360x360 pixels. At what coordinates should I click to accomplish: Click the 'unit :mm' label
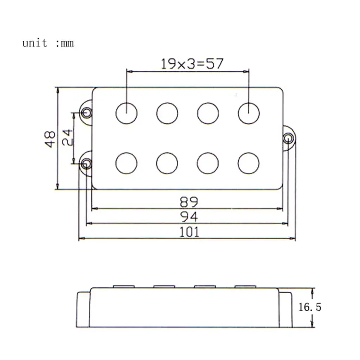click(48, 43)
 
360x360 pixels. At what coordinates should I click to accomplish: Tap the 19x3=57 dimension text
click(192, 64)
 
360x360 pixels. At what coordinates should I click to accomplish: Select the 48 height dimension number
click(50, 139)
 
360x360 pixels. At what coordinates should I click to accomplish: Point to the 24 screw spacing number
click(67, 137)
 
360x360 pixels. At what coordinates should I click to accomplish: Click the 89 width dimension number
click(189, 201)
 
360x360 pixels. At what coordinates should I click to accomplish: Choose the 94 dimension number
click(189, 217)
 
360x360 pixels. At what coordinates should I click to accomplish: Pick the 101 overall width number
click(189, 232)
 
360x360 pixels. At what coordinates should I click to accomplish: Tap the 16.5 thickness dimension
click(310, 307)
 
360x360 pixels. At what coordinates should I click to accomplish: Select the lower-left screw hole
click(86, 164)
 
